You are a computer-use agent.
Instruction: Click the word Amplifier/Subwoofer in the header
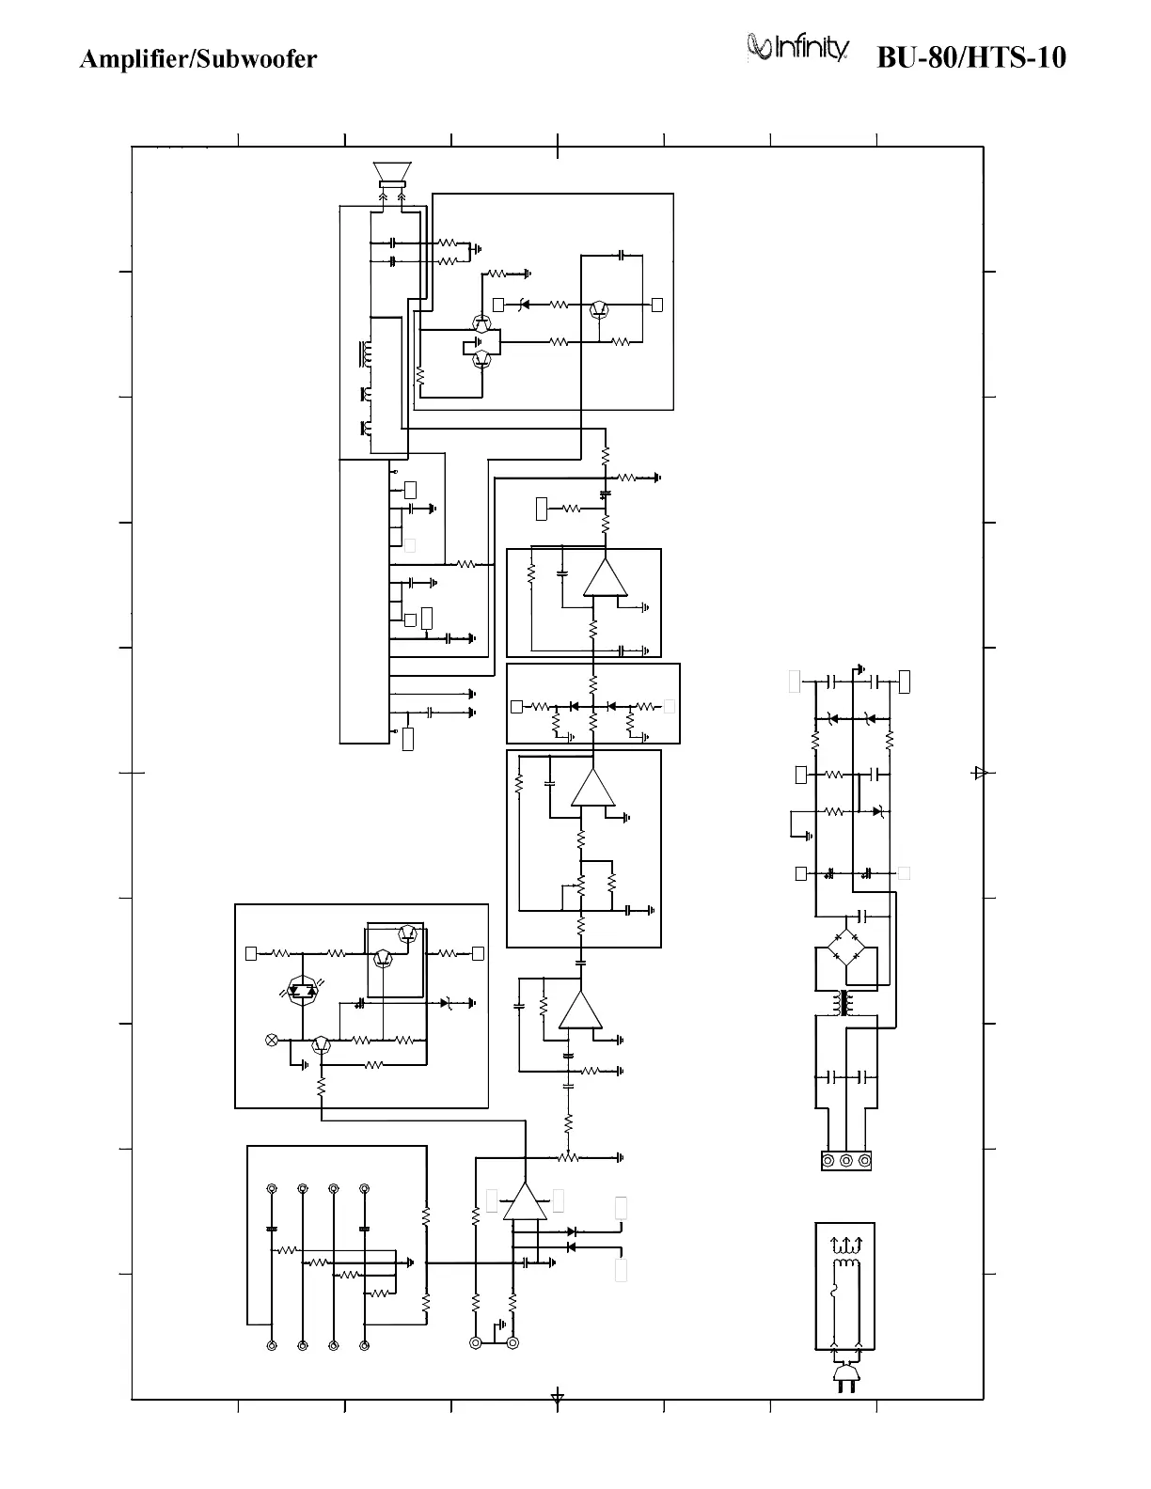(x=198, y=59)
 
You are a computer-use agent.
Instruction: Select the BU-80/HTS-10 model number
(x=971, y=58)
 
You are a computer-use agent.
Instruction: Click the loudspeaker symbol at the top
(x=392, y=174)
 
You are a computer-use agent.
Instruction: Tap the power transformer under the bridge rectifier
(x=844, y=1004)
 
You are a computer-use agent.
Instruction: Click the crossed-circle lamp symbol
(x=273, y=1040)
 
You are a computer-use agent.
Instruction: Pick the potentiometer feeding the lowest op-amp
(x=568, y=1157)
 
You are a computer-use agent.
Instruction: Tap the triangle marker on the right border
(x=980, y=773)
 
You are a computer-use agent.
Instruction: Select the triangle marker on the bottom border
(x=558, y=1397)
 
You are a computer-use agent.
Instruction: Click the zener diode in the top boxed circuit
(x=523, y=305)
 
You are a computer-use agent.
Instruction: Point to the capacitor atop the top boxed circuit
(x=622, y=255)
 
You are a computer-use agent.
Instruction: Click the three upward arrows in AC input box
(x=846, y=1245)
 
